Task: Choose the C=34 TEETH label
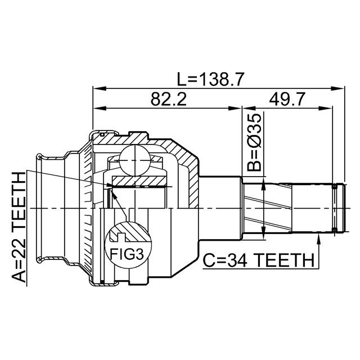click(258, 260)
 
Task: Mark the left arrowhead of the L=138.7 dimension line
click(97, 88)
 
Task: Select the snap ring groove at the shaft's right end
click(335, 208)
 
